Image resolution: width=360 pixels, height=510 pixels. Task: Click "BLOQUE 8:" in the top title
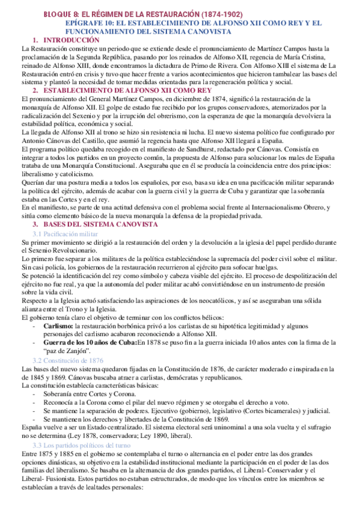pyautogui.click(x=61, y=14)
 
